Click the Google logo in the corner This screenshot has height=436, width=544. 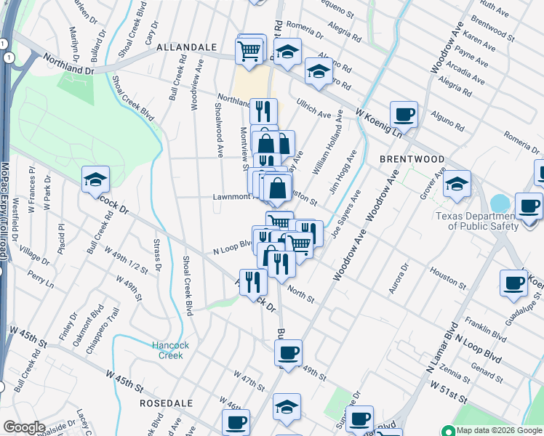pos(24,427)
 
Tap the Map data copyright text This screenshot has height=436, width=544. pos(498,430)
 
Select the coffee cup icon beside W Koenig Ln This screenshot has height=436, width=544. pos(404,114)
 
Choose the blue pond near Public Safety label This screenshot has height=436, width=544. pos(500,203)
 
